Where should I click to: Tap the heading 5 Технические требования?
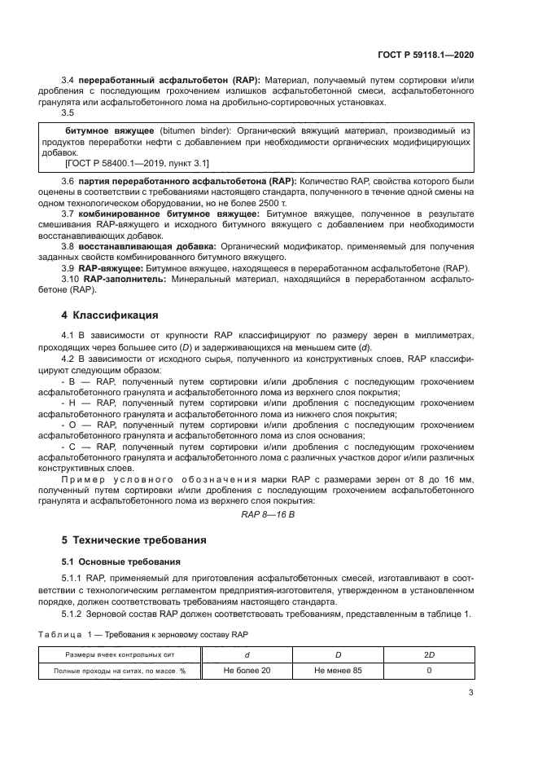[134, 540]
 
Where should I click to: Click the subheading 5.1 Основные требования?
[116, 562]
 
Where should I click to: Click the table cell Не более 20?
[247, 671]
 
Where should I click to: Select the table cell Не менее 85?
[338, 671]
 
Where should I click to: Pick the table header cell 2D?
[429, 654]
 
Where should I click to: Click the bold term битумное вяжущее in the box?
[100, 130]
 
